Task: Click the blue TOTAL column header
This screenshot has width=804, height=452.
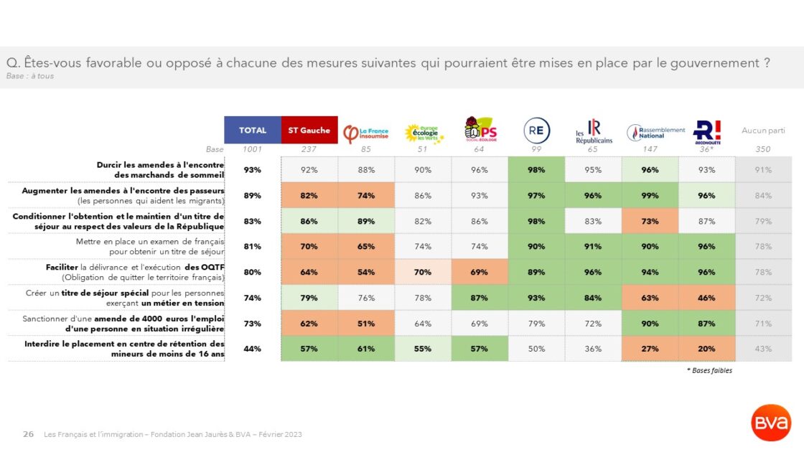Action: (x=252, y=130)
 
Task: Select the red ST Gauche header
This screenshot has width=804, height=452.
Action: (x=309, y=130)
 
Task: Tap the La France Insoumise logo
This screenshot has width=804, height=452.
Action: (x=366, y=133)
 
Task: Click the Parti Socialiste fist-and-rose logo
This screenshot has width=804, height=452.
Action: (x=480, y=130)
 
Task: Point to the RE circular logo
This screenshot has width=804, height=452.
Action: (x=536, y=131)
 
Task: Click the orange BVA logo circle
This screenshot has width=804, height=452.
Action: (x=771, y=423)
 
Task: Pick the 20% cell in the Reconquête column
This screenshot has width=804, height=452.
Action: (x=706, y=349)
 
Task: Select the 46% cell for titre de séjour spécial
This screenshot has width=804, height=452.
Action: (x=706, y=298)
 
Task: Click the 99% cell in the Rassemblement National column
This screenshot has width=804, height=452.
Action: (x=650, y=195)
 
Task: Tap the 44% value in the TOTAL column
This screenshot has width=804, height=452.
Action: (x=252, y=349)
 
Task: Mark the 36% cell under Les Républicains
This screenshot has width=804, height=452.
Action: (x=593, y=349)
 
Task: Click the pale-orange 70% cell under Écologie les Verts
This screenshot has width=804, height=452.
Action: (x=423, y=272)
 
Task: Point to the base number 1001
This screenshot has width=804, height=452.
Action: (x=252, y=149)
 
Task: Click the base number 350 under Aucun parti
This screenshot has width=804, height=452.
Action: (x=763, y=149)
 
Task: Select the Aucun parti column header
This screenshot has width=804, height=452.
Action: (x=763, y=131)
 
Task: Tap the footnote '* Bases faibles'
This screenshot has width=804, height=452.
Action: (x=709, y=370)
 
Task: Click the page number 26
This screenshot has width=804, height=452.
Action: (x=29, y=434)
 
